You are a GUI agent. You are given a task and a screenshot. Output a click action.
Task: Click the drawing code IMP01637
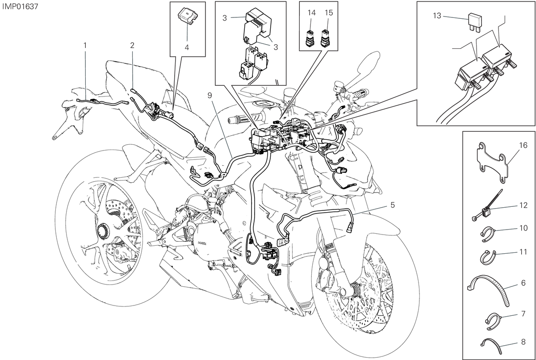[x=20, y=6]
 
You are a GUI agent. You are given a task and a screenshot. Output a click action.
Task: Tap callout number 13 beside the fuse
[x=437, y=16]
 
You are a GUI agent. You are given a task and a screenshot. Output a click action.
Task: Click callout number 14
[x=312, y=13]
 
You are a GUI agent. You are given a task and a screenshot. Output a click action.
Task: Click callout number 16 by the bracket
[x=523, y=145]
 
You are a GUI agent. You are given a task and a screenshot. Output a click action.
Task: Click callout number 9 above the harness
[x=209, y=96]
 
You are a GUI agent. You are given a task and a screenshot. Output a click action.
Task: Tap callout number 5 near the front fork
[x=392, y=205]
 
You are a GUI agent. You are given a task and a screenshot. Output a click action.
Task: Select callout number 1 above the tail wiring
[x=85, y=45]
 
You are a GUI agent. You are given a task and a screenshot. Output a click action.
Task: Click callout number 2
[x=132, y=45]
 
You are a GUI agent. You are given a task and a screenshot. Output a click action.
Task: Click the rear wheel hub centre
[x=102, y=232]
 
